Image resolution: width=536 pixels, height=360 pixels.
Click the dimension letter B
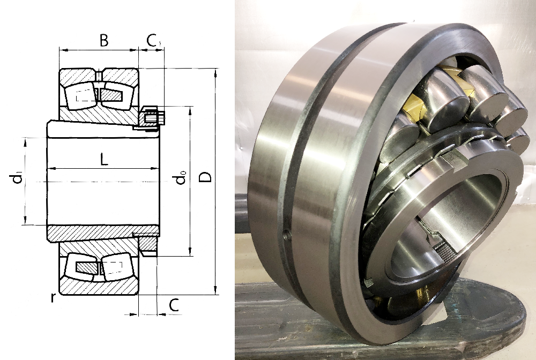click(x=104, y=40)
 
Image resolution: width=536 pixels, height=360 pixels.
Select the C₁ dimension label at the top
click(x=154, y=41)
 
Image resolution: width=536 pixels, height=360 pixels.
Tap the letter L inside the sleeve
click(x=104, y=159)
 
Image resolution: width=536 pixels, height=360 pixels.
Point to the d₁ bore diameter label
click(x=18, y=178)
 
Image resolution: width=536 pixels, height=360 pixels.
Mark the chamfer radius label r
click(x=53, y=297)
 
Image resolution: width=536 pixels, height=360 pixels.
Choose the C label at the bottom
click(x=174, y=305)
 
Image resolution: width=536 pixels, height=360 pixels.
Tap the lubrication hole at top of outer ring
click(x=99, y=75)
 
